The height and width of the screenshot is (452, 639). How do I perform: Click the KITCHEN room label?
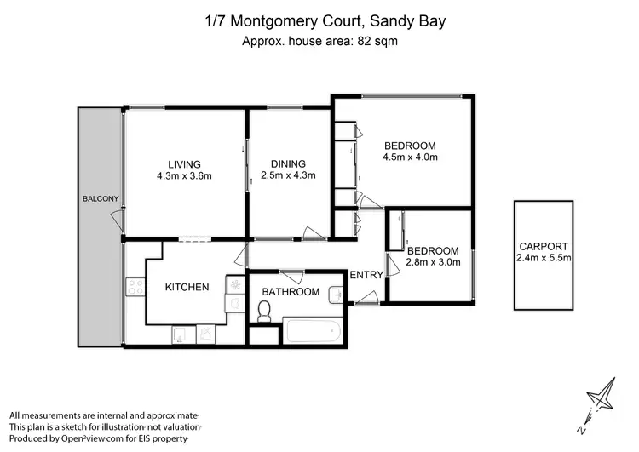pos(187,287)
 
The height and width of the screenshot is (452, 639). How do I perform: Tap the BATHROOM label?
pos(291,292)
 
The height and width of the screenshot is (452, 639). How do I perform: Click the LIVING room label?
pos(184,164)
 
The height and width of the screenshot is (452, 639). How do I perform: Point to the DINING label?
pos(288,164)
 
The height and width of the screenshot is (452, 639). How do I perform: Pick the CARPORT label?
pos(543,246)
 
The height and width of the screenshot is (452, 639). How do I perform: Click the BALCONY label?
pos(100,199)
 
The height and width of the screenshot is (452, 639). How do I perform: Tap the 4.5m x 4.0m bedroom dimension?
pos(410,157)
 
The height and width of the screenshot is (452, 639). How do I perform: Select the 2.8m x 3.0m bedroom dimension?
pos(434,262)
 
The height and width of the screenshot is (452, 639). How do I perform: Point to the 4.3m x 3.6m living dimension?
pos(184,176)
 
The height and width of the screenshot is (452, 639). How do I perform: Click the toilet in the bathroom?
pos(264,312)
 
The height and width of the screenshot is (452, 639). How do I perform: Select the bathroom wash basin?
pos(336,294)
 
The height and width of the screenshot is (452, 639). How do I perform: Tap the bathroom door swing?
pos(291,275)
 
